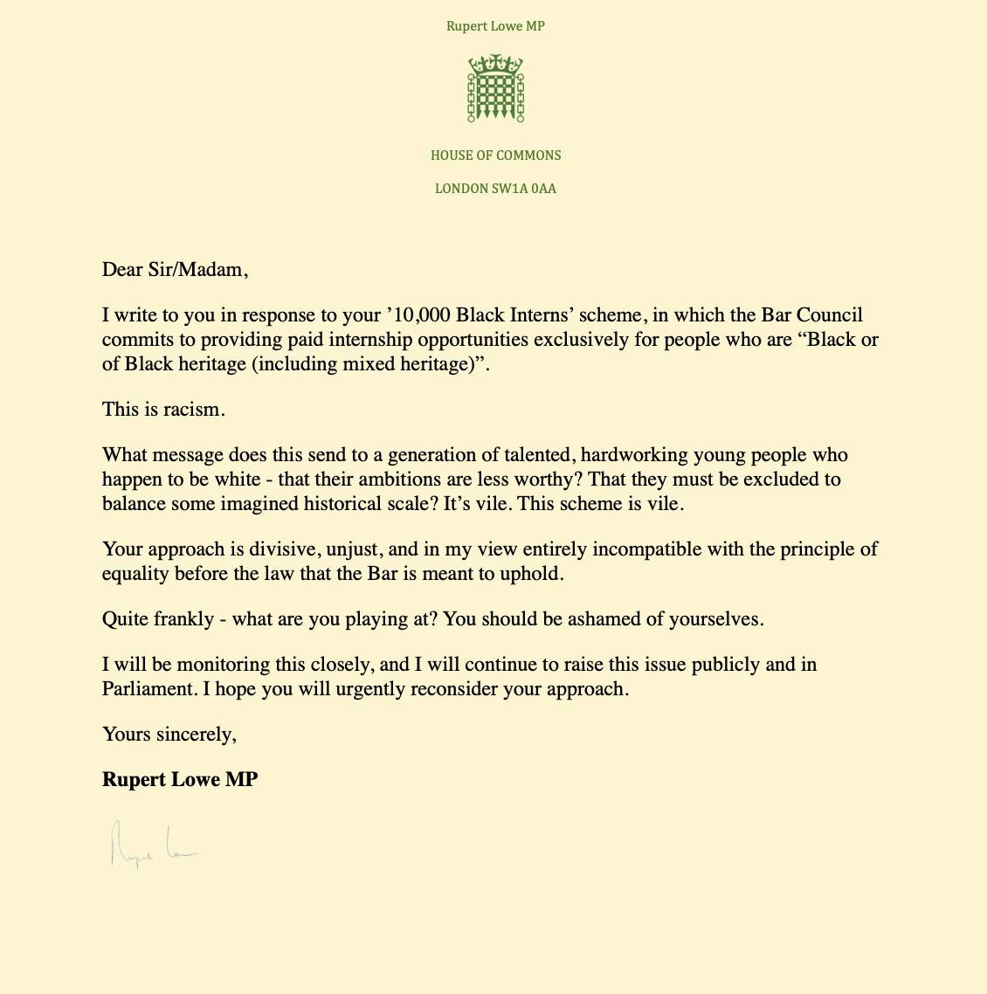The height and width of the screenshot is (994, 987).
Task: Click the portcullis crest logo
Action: coord(495,88)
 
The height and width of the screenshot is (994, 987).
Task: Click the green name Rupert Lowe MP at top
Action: coord(495,26)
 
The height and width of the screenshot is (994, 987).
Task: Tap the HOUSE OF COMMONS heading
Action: coord(495,155)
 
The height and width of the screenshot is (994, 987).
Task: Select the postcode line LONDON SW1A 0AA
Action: coord(495,189)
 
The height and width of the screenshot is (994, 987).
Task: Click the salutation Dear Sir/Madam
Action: coord(175,270)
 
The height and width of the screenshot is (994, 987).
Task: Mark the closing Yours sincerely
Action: coord(169,735)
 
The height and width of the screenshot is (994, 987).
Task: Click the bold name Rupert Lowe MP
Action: coord(180,780)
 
